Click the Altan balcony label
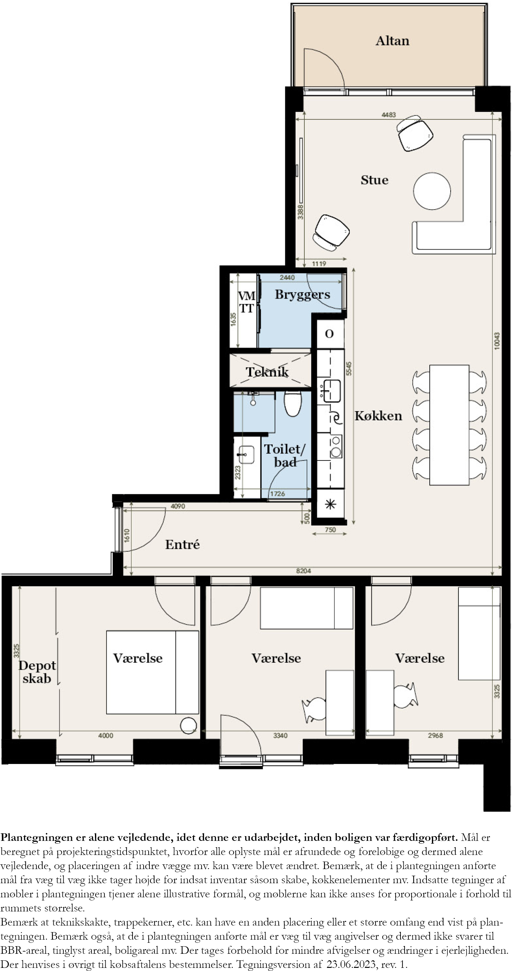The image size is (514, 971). pos(392,41)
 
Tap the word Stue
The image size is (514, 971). pos(374,180)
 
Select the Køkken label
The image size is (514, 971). pos(378,416)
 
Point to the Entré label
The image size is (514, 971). pos(182,544)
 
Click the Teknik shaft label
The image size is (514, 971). pos(267,372)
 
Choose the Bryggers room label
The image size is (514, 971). pos(302,295)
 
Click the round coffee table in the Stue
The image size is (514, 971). pos(432,191)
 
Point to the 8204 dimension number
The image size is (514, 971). pos(303,571)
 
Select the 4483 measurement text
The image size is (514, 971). pos(389,114)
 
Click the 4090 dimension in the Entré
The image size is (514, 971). pos(178,506)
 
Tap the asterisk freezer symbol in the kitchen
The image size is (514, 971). pos(330,504)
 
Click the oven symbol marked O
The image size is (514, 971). pos(329,334)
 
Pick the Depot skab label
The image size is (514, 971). pos(37,672)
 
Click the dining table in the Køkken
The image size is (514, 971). pos(449,425)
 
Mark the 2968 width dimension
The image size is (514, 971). pos(435,735)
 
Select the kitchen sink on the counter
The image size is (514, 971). pos(331,391)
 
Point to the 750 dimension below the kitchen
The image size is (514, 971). pos(330,530)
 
